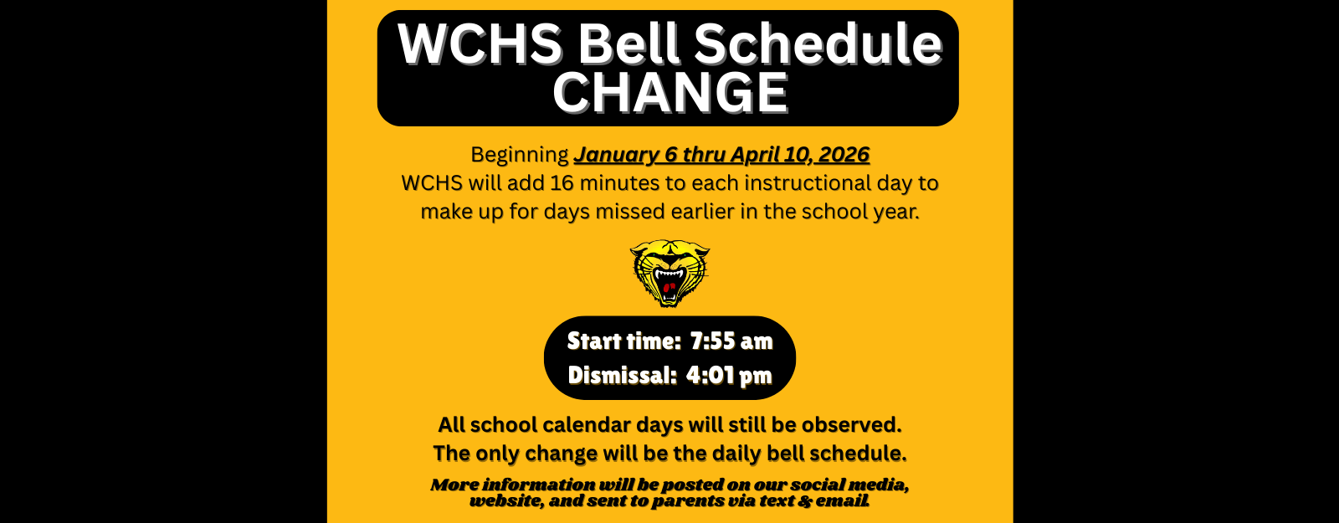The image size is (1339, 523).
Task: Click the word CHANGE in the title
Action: tap(670, 93)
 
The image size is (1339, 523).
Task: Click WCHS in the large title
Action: tap(480, 44)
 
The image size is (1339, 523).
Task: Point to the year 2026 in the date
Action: tap(844, 154)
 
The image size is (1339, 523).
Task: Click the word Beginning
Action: tap(520, 155)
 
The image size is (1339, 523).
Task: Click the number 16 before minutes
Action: tap(562, 183)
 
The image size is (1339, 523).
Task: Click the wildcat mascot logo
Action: tap(669, 273)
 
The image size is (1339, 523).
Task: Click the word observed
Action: tap(851, 425)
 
